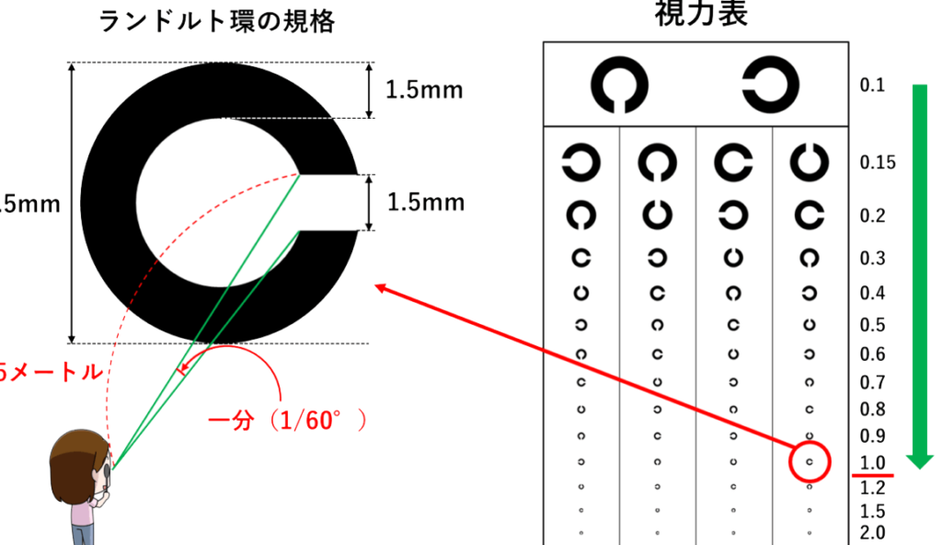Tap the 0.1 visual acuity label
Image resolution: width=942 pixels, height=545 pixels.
pos(872,86)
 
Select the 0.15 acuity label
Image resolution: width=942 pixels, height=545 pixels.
pos(878,163)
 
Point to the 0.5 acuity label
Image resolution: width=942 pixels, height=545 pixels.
pos(872,325)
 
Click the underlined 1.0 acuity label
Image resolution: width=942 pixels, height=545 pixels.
pos(872,463)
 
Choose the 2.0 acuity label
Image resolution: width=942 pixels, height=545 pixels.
pos(872,532)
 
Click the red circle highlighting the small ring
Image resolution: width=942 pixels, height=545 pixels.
pos(810,460)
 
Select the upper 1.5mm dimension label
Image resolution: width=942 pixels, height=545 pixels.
pos(424,90)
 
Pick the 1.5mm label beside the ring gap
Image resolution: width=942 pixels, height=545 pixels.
pos(424,203)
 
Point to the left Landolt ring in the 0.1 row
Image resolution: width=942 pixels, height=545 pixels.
pos(619,85)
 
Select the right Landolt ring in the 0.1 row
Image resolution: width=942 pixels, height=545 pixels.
pos(771,85)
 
